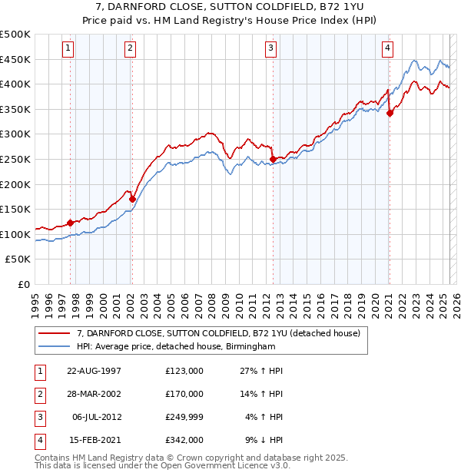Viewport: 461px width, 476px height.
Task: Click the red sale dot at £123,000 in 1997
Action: click(71, 223)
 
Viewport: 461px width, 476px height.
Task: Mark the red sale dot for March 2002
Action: click(132, 199)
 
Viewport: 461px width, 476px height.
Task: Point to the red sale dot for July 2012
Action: click(273, 159)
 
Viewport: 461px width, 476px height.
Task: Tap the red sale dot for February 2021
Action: click(390, 113)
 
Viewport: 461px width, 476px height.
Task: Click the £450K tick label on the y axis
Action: click(15, 59)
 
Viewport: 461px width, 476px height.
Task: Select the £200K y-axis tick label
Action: click(15, 184)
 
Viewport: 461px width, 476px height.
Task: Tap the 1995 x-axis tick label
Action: click(35, 300)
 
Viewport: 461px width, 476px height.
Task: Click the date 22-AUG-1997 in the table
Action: click(94, 371)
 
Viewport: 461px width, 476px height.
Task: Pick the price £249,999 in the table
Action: click(184, 417)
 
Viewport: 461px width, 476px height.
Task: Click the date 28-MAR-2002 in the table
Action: click(94, 394)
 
